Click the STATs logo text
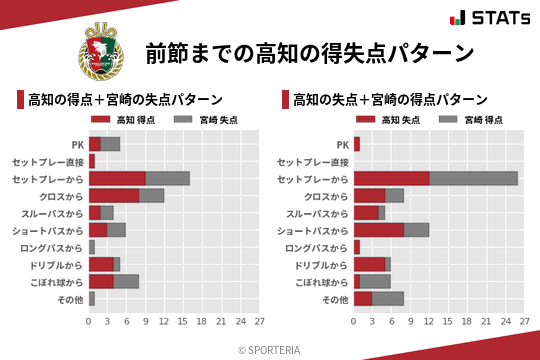pos(499,18)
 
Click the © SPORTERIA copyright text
pos(270,349)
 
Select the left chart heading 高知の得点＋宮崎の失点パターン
pos(125,100)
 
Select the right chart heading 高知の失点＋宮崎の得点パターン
pos(390,100)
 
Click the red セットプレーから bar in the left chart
pos(117,178)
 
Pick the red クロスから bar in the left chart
pos(114,195)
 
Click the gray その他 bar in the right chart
pos(388,298)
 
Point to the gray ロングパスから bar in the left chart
pos(91,247)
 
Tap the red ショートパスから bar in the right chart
pos(379,229)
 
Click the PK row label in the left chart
pos(77,144)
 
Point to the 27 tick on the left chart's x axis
pos(259,322)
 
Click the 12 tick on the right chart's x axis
pos(429,322)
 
